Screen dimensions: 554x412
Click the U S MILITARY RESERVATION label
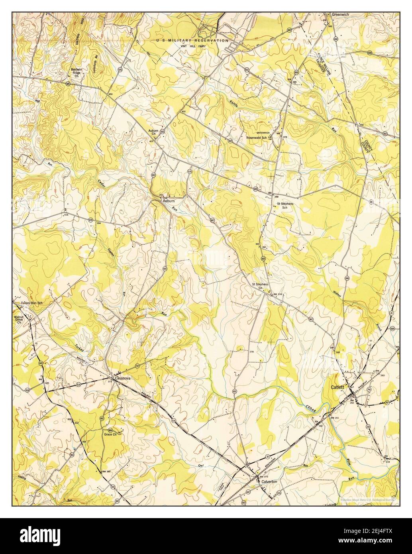pyautogui.click(x=192, y=41)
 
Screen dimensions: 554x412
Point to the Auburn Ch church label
pyautogui.click(x=153, y=133)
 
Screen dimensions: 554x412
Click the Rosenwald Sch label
pyautogui.click(x=257, y=138)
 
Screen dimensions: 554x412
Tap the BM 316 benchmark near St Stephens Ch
pyautogui.click(x=277, y=295)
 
